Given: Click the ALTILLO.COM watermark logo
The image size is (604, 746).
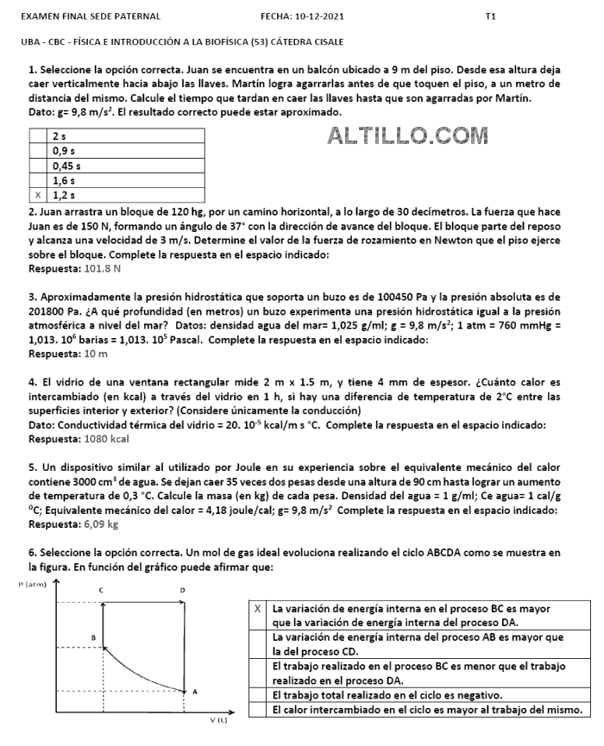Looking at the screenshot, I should (408, 135).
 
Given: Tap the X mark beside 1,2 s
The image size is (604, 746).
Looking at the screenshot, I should (38, 196).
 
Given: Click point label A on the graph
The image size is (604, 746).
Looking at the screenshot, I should (195, 692).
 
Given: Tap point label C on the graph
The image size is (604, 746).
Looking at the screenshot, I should (101, 590).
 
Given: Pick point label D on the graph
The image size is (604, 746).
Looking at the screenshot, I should (182, 590).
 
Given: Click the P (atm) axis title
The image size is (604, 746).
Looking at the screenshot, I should (32, 584).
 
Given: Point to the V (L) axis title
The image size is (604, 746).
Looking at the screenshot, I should (218, 718).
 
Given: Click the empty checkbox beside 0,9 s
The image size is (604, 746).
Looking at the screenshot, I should (38, 151).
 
